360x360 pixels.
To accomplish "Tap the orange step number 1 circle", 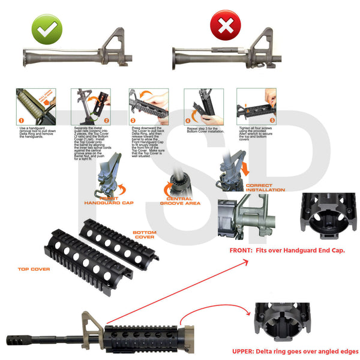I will point(22,119).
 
